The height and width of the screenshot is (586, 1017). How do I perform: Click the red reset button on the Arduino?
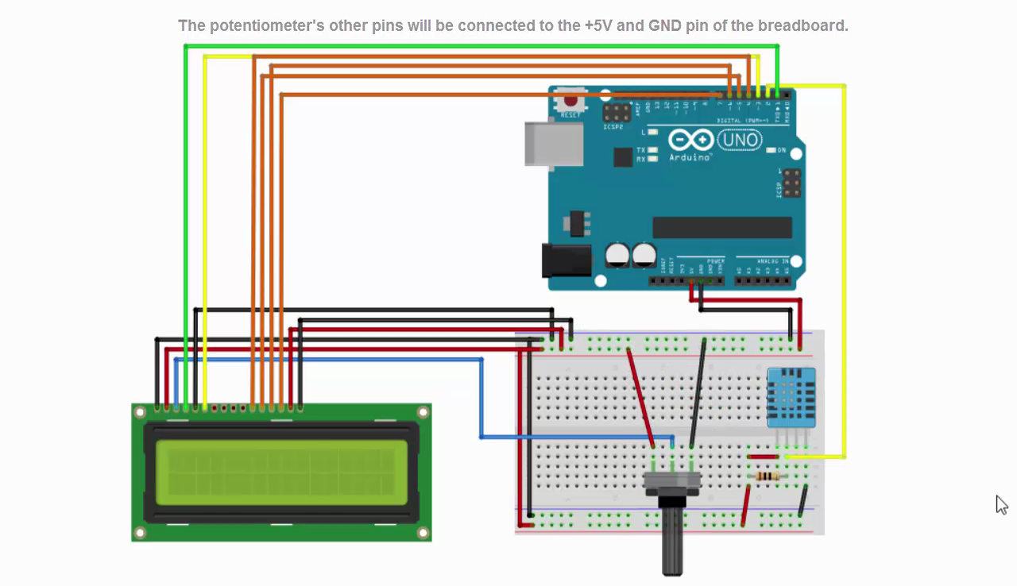570,101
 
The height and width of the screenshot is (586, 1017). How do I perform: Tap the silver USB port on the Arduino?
553,144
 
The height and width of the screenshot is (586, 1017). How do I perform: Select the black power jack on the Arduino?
567,260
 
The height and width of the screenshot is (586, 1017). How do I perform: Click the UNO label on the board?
740,141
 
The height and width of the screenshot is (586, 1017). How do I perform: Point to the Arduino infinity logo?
690,141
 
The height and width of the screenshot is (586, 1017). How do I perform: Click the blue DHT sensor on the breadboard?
791,397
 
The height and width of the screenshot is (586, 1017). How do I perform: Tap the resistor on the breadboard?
768,476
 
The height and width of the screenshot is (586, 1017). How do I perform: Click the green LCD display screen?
281,472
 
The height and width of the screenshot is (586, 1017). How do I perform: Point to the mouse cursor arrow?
1001,504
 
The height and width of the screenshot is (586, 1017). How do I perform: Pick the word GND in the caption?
664,25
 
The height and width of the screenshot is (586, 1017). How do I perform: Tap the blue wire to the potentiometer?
481,397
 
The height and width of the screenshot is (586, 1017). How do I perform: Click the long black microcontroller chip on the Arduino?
722,227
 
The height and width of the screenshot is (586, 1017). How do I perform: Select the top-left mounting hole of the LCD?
141,412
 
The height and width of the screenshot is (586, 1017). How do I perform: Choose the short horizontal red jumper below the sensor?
763,457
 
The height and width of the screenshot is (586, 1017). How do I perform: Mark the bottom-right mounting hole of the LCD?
423,533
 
